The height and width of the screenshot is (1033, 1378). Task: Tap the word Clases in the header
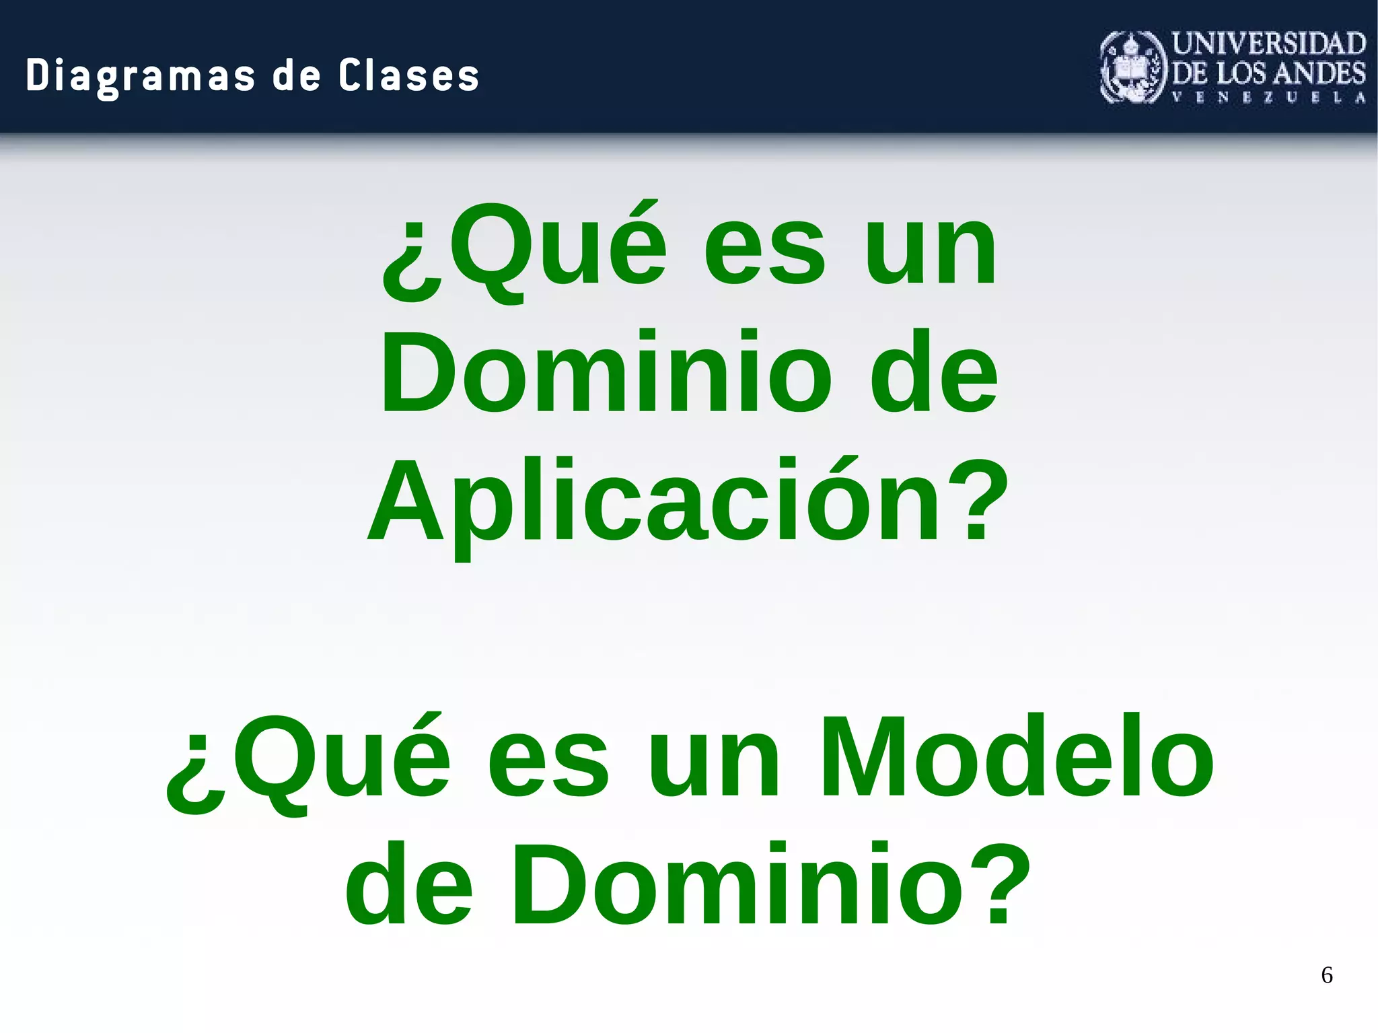(x=408, y=75)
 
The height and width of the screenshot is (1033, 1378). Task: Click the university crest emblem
(x=1133, y=67)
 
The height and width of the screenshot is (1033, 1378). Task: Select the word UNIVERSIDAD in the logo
(x=1269, y=44)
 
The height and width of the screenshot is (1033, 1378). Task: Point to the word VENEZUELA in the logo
(x=1269, y=98)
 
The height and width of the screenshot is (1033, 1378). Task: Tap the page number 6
(x=1327, y=975)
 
